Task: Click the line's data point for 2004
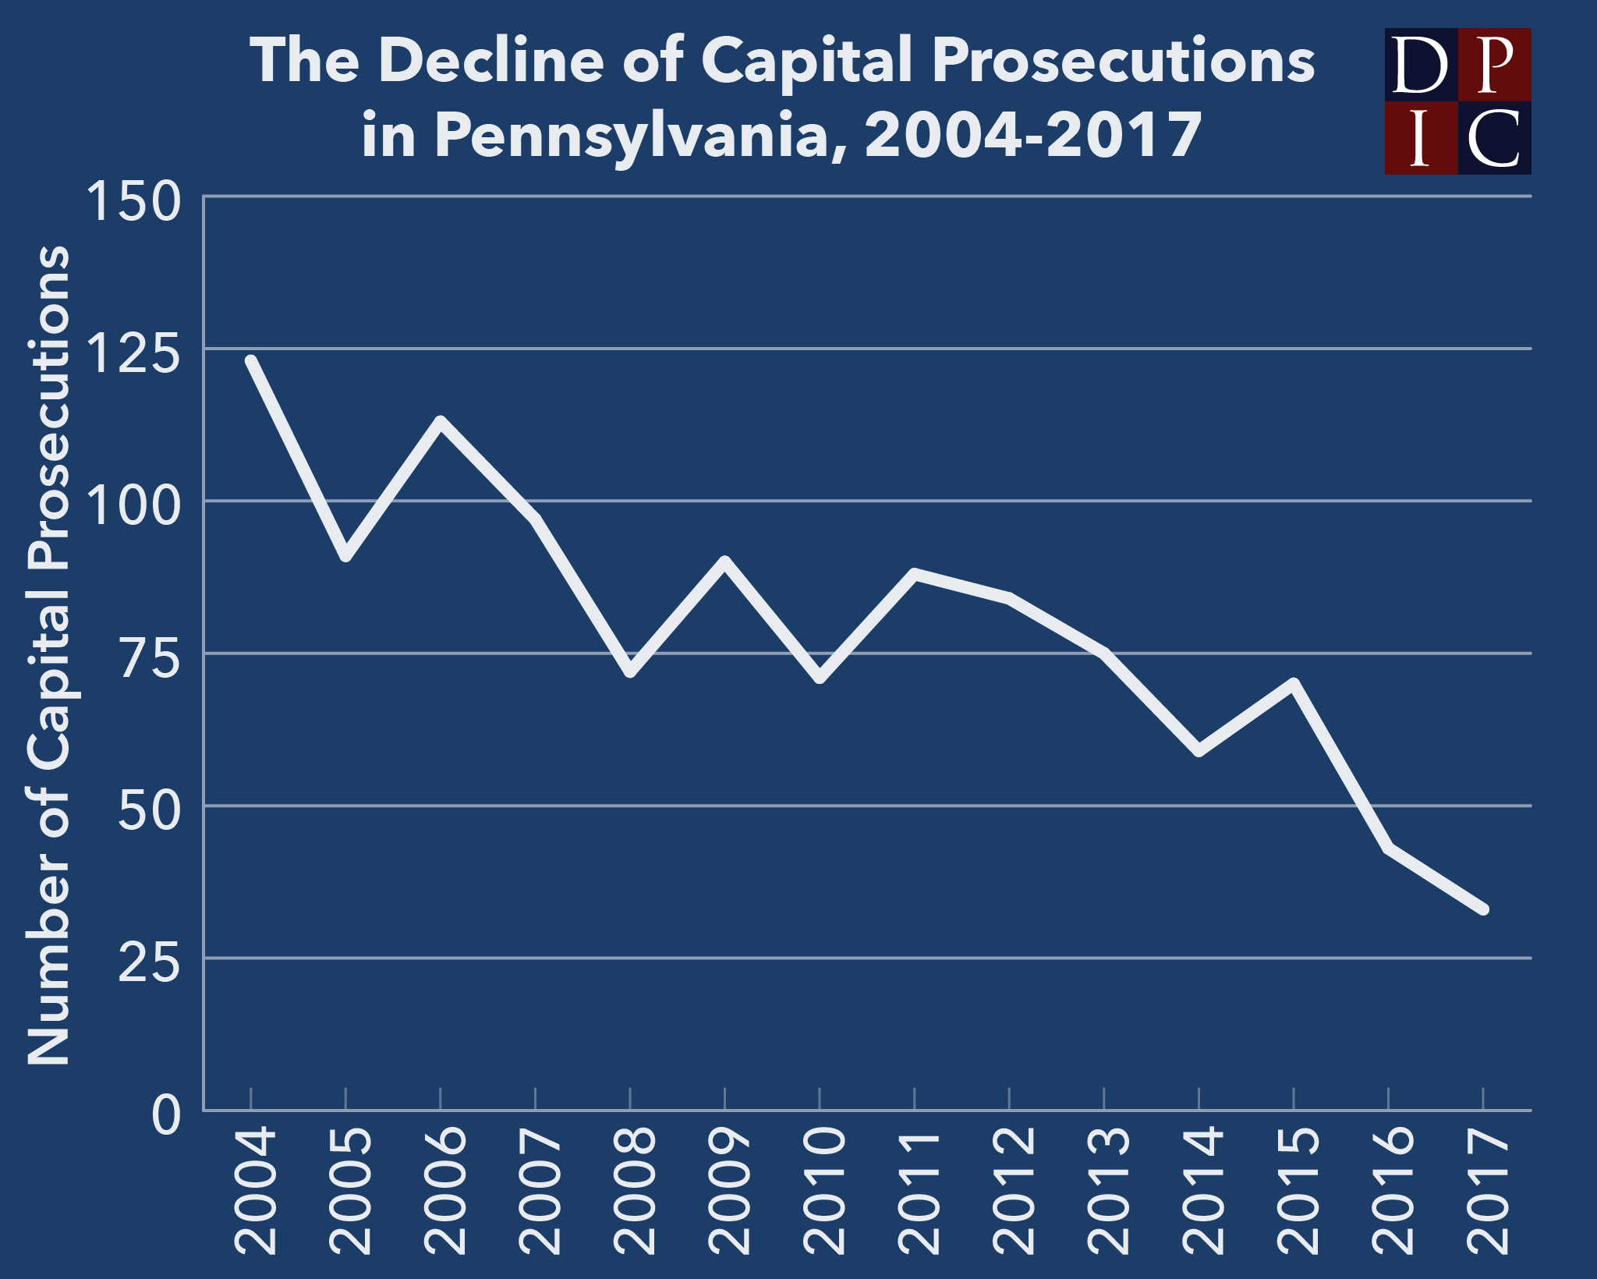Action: coord(251,360)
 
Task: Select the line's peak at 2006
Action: coord(441,422)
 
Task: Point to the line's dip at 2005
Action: coord(345,556)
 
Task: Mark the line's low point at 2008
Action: coord(630,672)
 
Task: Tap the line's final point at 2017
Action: coord(1483,909)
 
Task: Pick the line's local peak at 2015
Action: coord(1294,684)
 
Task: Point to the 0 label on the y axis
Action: coord(166,1114)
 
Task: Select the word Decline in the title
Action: coord(491,61)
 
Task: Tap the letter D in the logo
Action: coord(1420,66)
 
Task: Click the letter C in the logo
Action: coord(1494,138)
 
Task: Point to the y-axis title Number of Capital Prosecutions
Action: coord(48,655)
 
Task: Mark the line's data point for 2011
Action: coord(915,574)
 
